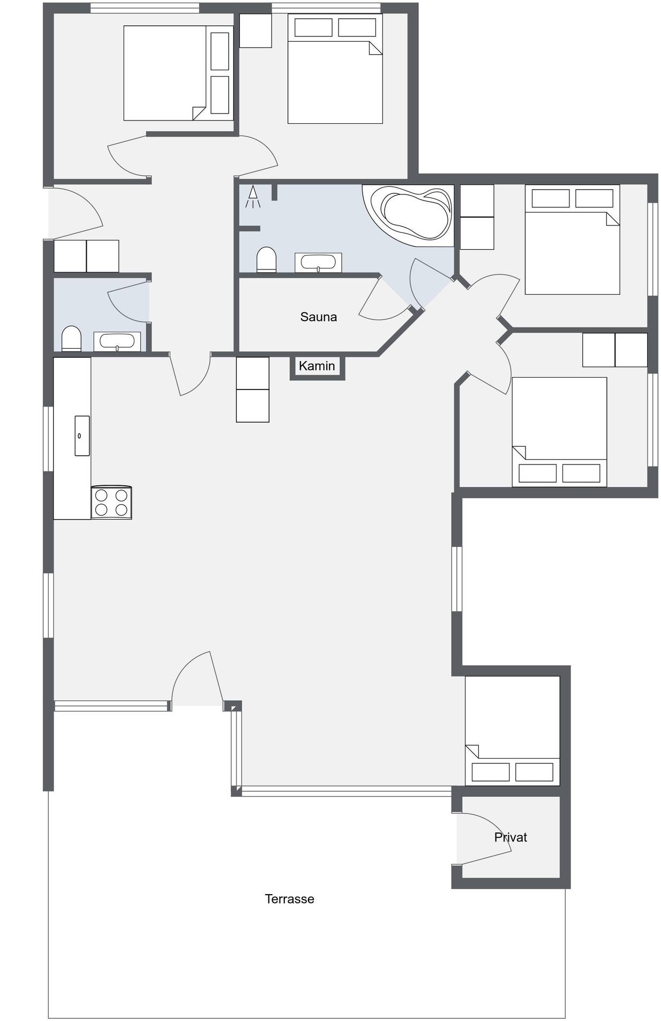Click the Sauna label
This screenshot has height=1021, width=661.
(x=318, y=317)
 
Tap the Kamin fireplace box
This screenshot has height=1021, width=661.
(x=317, y=367)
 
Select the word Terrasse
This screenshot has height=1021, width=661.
(x=289, y=898)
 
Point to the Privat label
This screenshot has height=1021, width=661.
(x=510, y=837)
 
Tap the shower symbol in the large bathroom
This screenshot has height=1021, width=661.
(x=253, y=197)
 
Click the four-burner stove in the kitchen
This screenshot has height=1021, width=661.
(x=111, y=502)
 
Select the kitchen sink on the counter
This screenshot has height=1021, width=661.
(x=82, y=436)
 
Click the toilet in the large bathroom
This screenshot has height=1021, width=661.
(x=266, y=260)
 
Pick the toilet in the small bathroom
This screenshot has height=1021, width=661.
(x=71, y=339)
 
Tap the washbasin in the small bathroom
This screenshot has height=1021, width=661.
(x=117, y=342)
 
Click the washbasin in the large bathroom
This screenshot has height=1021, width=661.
(x=318, y=262)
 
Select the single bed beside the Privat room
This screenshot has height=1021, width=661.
(x=513, y=731)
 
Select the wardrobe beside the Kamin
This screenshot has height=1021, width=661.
(x=253, y=389)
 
